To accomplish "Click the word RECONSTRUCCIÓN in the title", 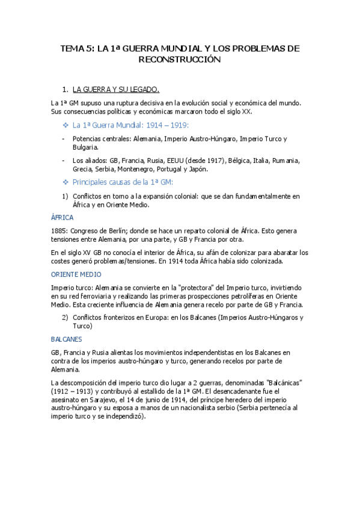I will click(180, 60).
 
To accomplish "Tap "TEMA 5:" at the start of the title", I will click(78, 48).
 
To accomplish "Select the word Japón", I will click(198, 169).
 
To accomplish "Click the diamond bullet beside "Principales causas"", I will click(66, 182).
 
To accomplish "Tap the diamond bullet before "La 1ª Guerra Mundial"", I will click(66, 125).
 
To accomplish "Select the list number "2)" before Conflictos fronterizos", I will click(65, 317).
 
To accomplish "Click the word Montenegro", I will click(138, 169).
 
